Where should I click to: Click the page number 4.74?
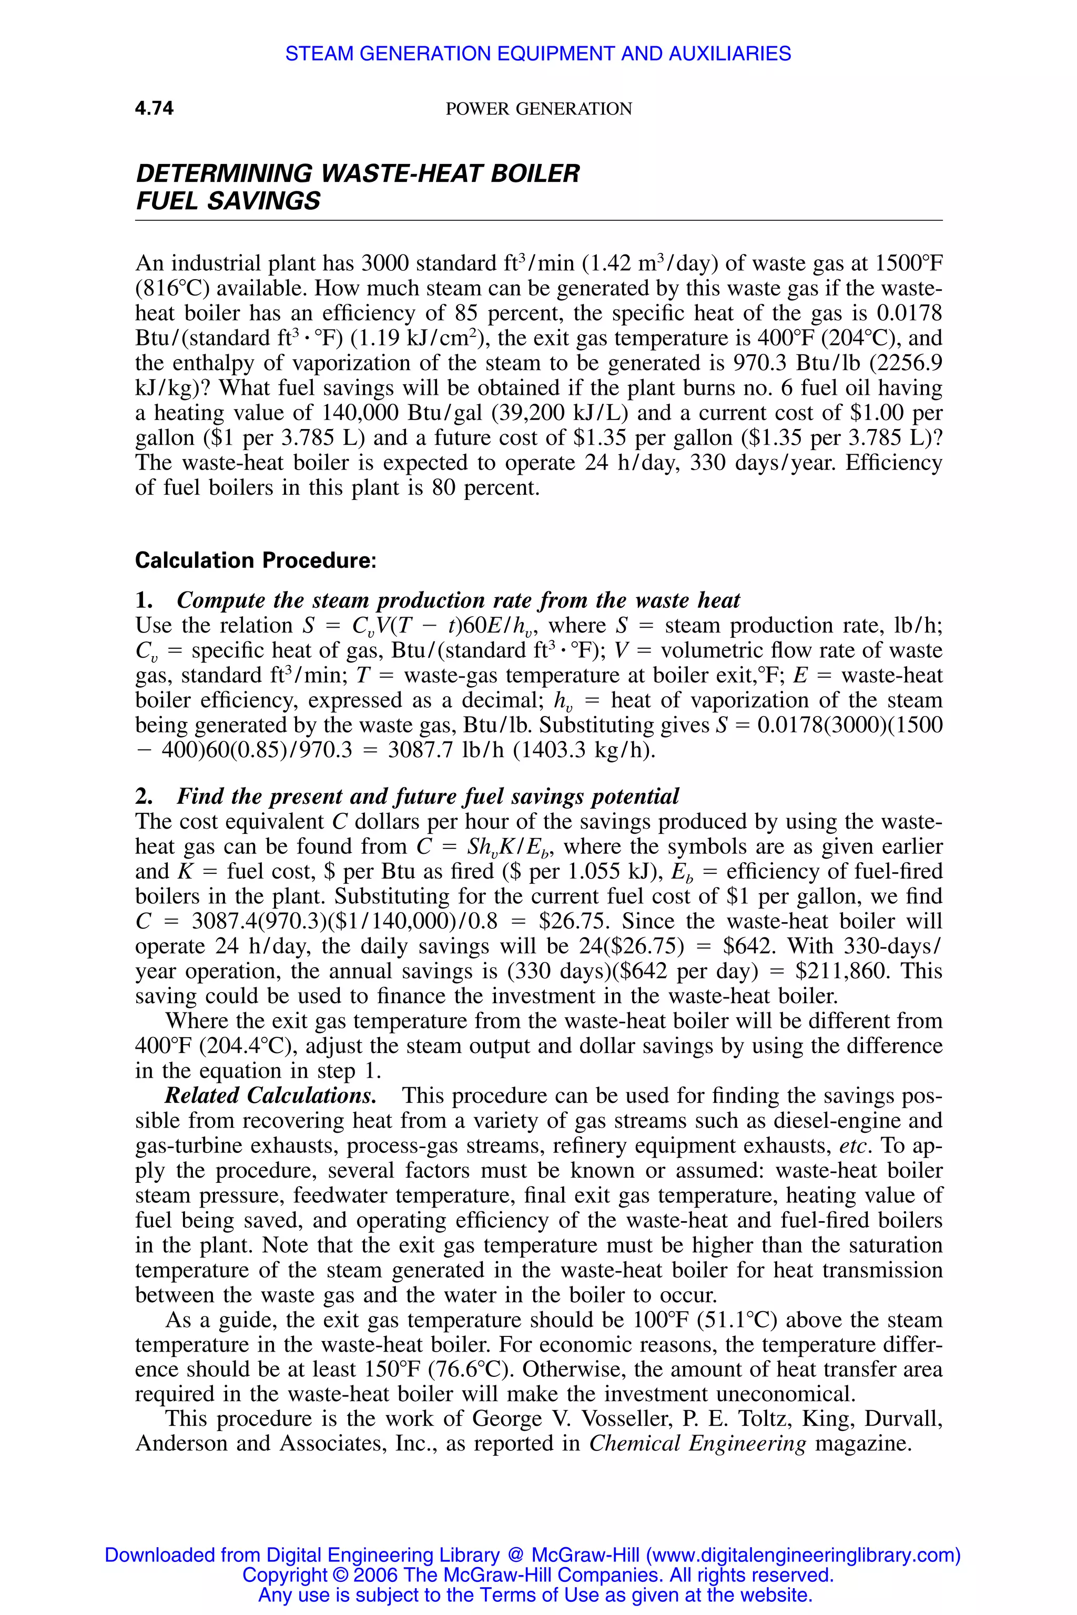click(154, 108)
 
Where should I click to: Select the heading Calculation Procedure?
click(256, 560)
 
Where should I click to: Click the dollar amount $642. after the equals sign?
click(750, 947)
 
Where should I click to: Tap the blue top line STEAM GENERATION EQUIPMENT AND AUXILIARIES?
click(538, 54)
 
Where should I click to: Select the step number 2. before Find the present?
click(144, 796)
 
